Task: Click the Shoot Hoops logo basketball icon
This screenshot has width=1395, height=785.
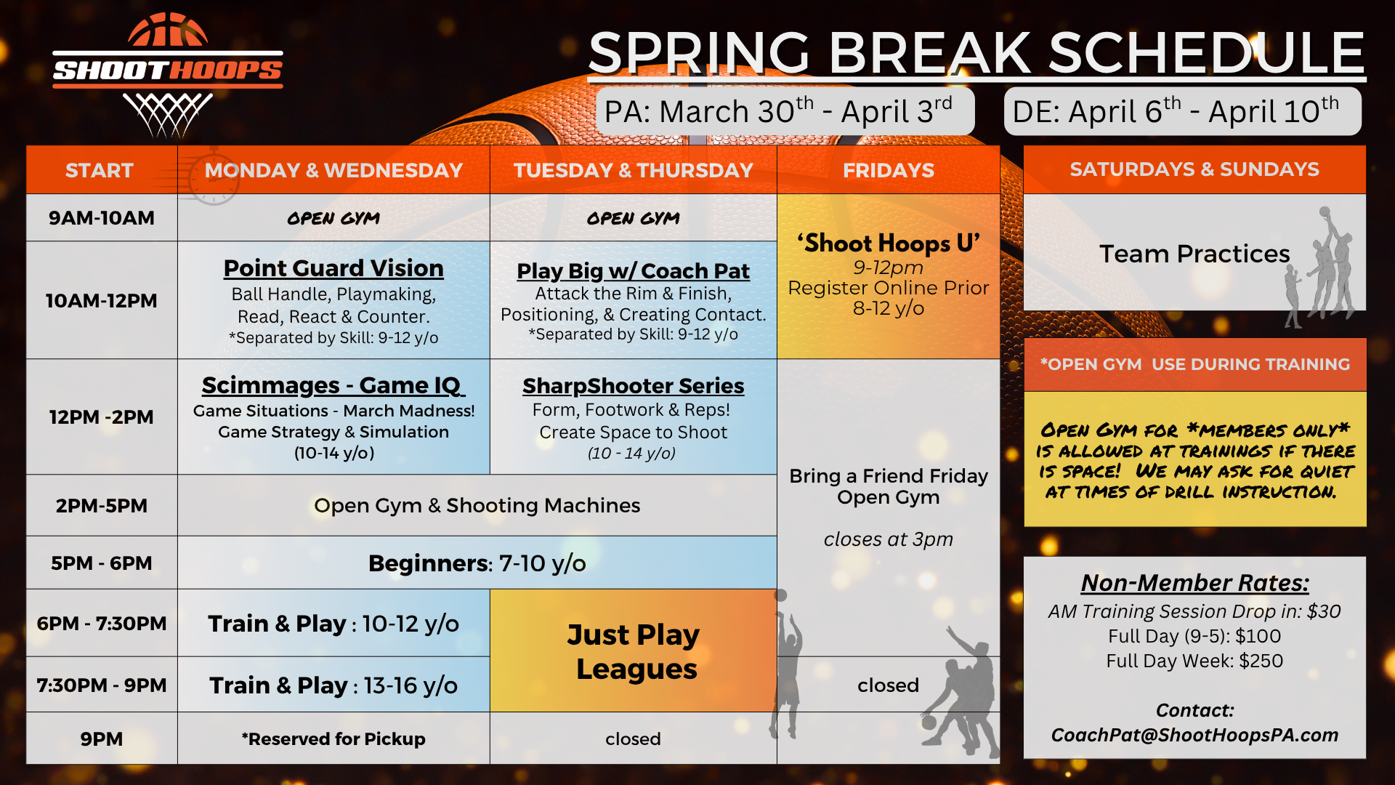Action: (168, 31)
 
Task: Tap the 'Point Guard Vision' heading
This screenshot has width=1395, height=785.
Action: (333, 268)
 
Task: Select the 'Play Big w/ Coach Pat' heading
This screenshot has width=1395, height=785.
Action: (633, 271)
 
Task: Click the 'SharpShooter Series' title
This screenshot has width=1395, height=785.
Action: (633, 386)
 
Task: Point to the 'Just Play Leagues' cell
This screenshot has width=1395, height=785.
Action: (633, 651)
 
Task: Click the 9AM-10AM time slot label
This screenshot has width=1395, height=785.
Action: (102, 218)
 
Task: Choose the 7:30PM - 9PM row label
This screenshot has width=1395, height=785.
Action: (102, 685)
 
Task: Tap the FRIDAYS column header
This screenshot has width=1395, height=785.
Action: (889, 170)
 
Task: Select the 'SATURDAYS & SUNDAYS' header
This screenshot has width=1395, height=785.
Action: (1194, 169)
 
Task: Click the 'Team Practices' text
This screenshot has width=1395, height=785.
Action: (1194, 254)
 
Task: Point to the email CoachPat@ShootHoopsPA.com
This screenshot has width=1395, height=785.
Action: (1194, 735)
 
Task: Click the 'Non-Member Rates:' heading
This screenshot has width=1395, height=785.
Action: (1194, 583)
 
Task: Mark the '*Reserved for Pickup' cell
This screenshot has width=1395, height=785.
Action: (333, 739)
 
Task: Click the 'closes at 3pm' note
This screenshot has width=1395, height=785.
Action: (888, 539)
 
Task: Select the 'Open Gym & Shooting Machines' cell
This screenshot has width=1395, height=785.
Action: (477, 506)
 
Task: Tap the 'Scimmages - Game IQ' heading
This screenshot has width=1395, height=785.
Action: (333, 385)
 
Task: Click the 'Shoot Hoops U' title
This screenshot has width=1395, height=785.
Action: (889, 243)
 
